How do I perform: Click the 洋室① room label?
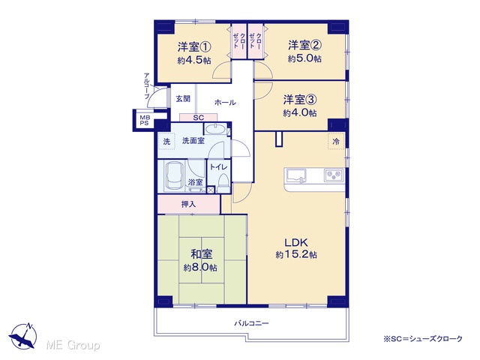pyautogui.click(x=194, y=47)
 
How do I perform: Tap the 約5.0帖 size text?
pyautogui.click(x=304, y=58)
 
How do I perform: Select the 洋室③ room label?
pyautogui.click(x=300, y=100)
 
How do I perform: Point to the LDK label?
pyautogui.click(x=296, y=243)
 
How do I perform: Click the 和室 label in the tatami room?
pyautogui.click(x=202, y=254)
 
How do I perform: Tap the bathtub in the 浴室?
pyautogui.click(x=175, y=176)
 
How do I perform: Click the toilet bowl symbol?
pyautogui.click(x=223, y=181)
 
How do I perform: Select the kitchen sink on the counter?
pyautogui.click(x=295, y=175)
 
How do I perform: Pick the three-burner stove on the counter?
pyautogui.click(x=334, y=175)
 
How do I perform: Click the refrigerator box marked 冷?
pyautogui.click(x=336, y=142)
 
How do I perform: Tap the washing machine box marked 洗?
pyautogui.click(x=166, y=142)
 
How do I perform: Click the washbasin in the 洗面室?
pyautogui.click(x=215, y=129)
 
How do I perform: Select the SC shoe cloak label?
pyautogui.click(x=198, y=118)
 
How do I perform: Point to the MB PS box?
pyautogui.click(x=144, y=120)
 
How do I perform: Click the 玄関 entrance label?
pyautogui.click(x=183, y=98)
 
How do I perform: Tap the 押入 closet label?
pyautogui.click(x=188, y=204)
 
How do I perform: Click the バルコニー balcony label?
pyautogui.click(x=252, y=323)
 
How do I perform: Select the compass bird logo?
pyautogui.click(x=23, y=336)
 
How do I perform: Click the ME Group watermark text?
pyautogui.click(x=73, y=346)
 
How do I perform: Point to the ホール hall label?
pyautogui.click(x=225, y=103)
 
